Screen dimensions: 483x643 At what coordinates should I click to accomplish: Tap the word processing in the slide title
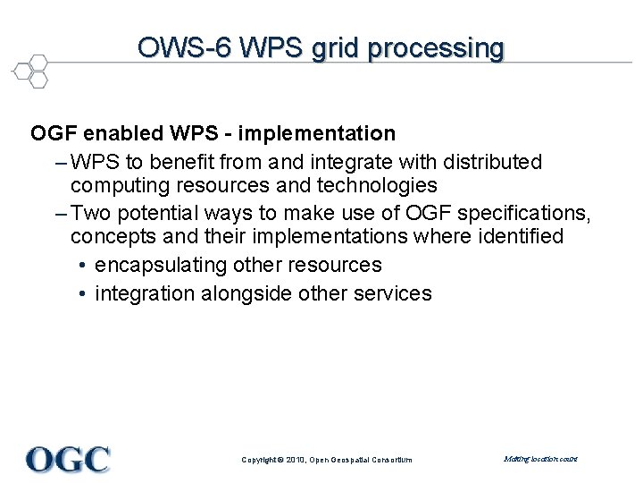438,47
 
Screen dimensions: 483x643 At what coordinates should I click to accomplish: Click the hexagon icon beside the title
30,71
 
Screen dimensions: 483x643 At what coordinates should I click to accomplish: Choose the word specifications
523,213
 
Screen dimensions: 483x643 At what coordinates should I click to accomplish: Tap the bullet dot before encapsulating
81,266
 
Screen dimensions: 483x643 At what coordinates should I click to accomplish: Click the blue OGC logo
68,459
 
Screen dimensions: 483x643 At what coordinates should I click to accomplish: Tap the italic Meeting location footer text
540,459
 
